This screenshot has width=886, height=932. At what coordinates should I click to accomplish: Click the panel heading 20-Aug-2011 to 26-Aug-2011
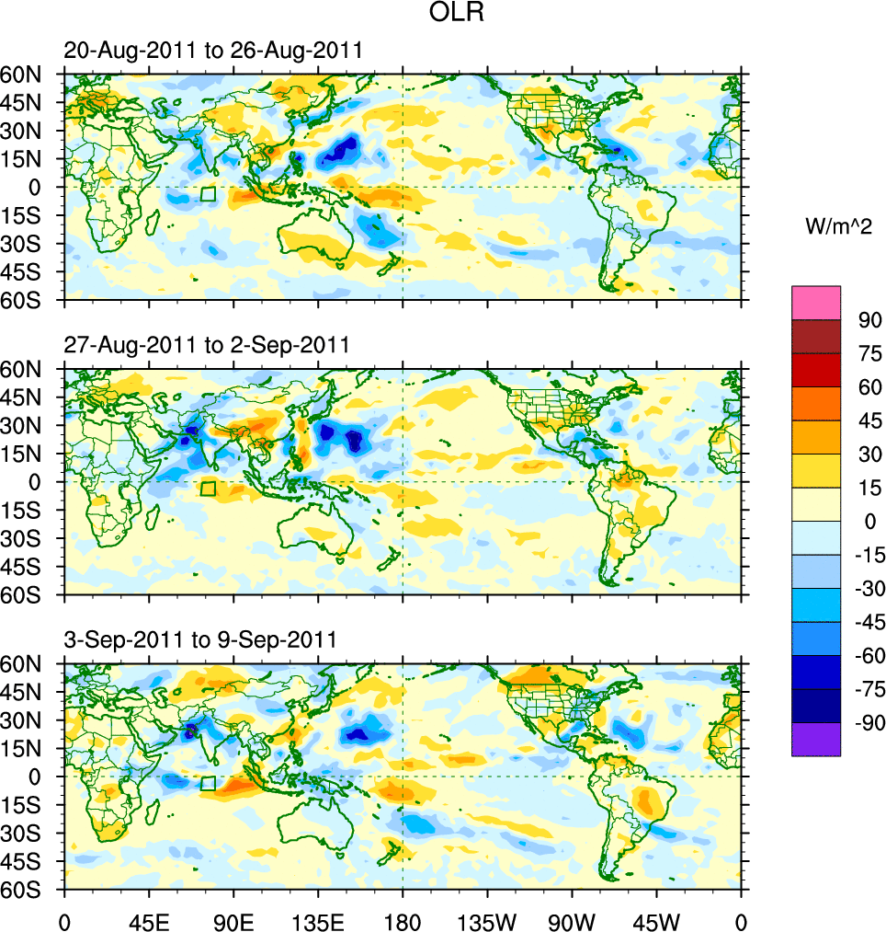tap(212, 52)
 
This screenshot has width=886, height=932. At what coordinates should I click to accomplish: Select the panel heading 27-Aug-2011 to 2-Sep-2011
tap(207, 346)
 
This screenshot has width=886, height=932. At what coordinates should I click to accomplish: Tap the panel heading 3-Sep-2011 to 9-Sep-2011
tap(199, 639)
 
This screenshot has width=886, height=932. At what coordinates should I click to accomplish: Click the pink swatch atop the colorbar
tap(816, 303)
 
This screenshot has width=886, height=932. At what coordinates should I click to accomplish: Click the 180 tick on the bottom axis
tap(402, 920)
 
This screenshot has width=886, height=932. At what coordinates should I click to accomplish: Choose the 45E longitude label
tap(149, 920)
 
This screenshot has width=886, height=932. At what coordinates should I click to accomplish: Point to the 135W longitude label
tap(487, 920)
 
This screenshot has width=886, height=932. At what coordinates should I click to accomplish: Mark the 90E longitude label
tap(233, 920)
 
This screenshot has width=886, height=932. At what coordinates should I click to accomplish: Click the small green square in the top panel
tap(208, 194)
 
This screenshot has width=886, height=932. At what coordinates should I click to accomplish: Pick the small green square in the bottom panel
tap(208, 784)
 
